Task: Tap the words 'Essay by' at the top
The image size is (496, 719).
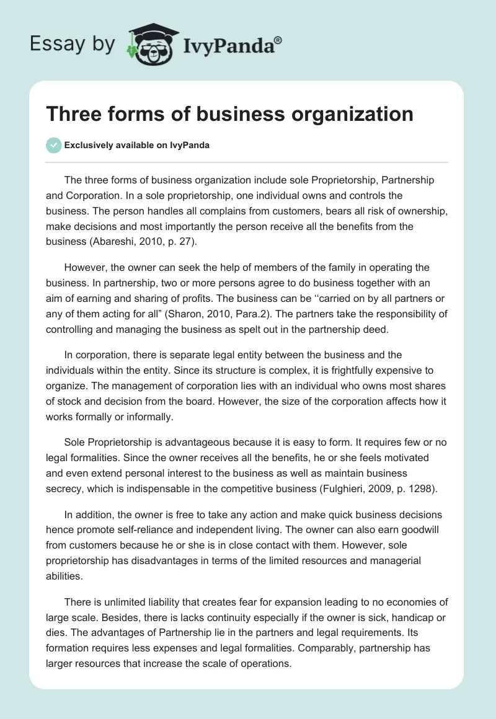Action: click(x=73, y=44)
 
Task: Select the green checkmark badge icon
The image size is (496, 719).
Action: click(x=53, y=145)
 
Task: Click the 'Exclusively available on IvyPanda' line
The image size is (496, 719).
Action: click(x=136, y=146)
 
